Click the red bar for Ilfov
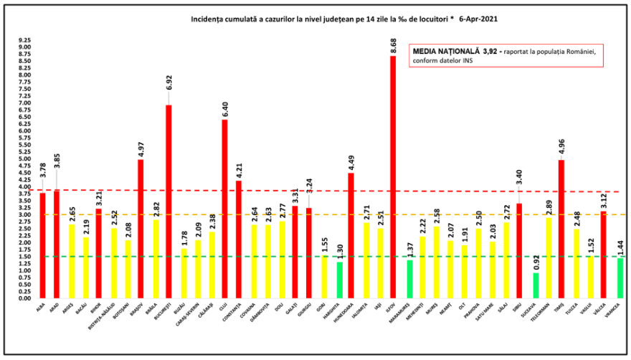click(393, 176)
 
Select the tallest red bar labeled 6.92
click(169, 202)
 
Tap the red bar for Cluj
click(224, 209)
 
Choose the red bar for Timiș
click(561, 229)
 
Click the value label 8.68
click(393, 47)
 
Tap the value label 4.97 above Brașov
click(141, 149)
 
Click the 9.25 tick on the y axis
click(25, 41)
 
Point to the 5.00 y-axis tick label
click(25, 159)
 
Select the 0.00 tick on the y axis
click(25, 298)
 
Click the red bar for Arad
click(57, 244)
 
